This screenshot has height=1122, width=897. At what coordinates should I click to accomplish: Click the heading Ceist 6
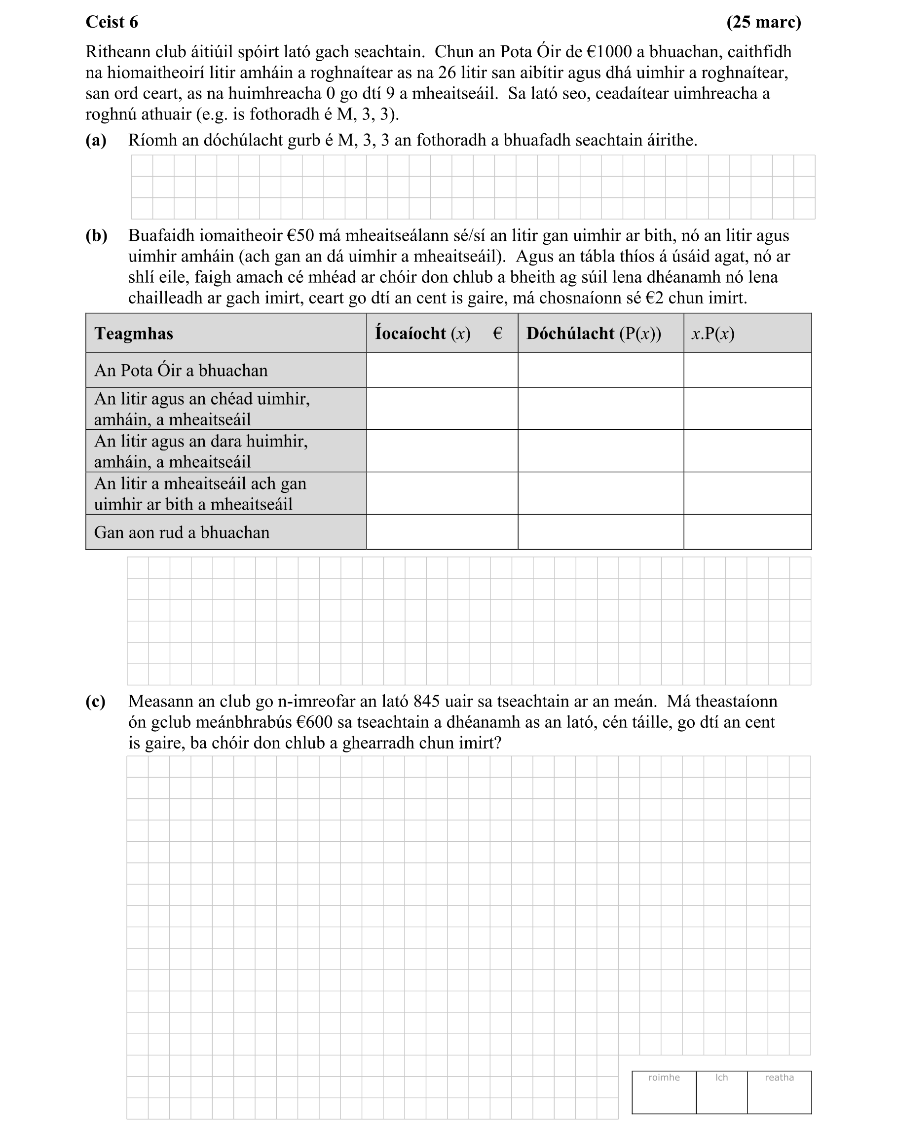[x=112, y=22]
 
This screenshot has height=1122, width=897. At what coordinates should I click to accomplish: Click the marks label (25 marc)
[x=763, y=22]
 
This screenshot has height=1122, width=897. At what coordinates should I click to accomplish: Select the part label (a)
[x=96, y=140]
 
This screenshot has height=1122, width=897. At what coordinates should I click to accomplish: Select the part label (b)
[x=96, y=236]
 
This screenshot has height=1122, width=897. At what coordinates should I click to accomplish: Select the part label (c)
[x=96, y=702]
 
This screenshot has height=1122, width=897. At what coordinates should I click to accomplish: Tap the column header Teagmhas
[x=134, y=333]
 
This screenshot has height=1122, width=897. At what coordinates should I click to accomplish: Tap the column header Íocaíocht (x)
[x=422, y=333]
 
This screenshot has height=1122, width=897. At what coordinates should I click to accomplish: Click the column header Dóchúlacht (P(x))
[x=593, y=333]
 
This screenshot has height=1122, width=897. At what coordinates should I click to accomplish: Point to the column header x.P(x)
[x=712, y=333]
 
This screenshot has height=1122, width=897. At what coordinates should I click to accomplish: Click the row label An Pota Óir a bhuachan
[x=181, y=370]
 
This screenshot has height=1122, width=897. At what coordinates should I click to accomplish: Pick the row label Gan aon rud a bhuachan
[x=182, y=532]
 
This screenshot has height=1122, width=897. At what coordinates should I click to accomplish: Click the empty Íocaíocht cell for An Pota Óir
[x=442, y=370]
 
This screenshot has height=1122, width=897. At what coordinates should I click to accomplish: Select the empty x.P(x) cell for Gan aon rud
[x=747, y=532]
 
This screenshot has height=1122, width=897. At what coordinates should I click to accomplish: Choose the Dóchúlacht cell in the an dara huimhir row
[x=600, y=451]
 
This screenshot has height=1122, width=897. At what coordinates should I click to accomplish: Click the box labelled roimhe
[x=664, y=1093]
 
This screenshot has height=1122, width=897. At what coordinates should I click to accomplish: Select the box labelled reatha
[x=779, y=1093]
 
